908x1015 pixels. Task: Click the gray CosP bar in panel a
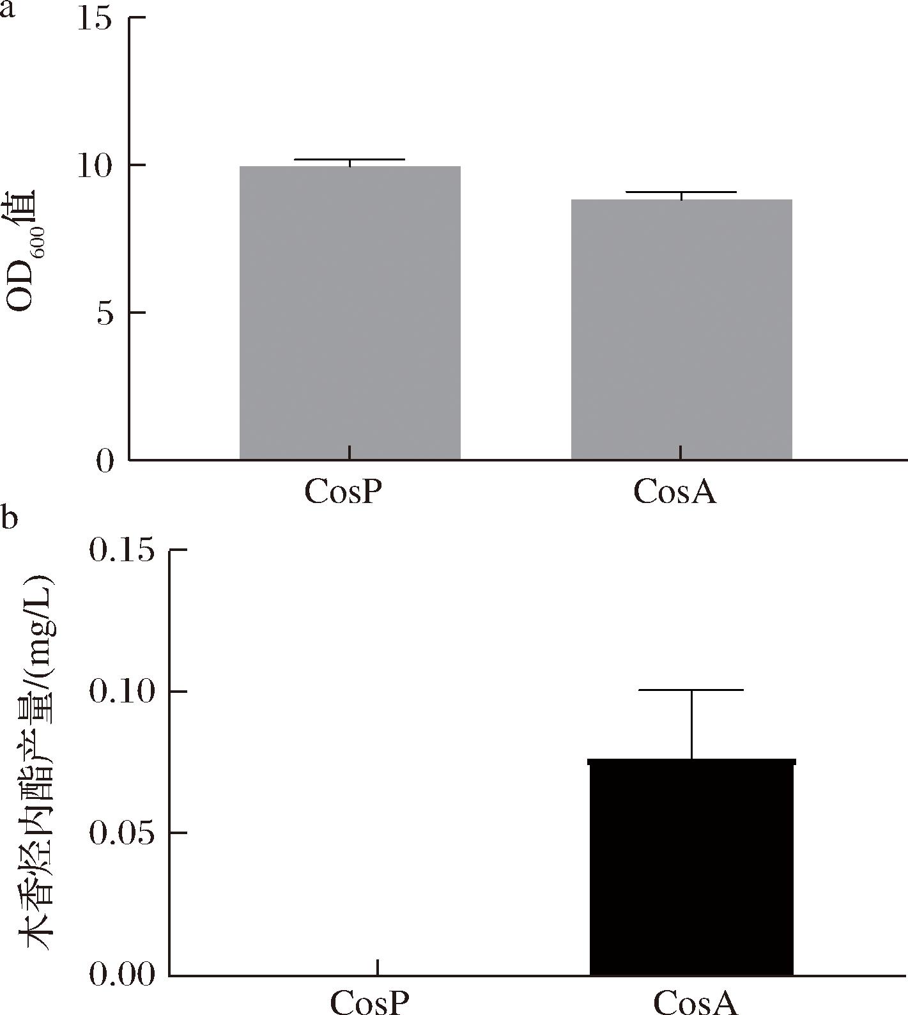tap(350, 313)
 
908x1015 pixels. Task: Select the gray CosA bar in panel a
tap(681, 329)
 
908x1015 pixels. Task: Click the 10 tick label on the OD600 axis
tap(94, 166)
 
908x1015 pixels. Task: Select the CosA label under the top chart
tap(675, 492)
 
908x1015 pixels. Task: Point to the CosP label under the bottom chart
tap(369, 1002)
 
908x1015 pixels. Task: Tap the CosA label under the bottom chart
tap(696, 1002)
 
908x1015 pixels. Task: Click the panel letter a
tap(7, 12)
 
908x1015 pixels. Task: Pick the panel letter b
tap(8, 517)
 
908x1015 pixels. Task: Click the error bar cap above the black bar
tap(691, 690)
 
